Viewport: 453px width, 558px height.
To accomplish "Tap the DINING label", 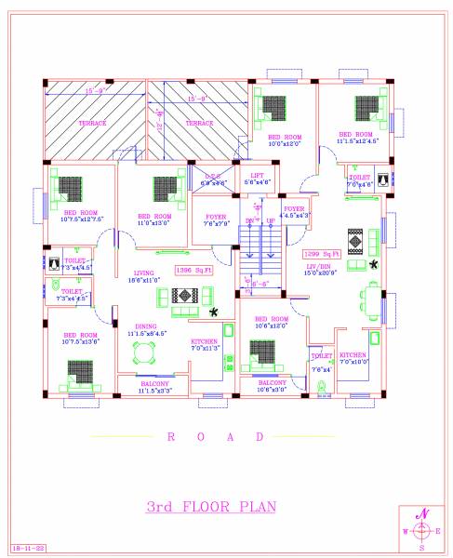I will [145, 325].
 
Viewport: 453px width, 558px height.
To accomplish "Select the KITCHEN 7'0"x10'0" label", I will [353, 357].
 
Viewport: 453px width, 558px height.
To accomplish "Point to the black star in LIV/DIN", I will [374, 265].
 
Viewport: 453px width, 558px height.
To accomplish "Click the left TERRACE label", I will [92, 123].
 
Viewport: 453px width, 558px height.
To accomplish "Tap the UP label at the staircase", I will [271, 220].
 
